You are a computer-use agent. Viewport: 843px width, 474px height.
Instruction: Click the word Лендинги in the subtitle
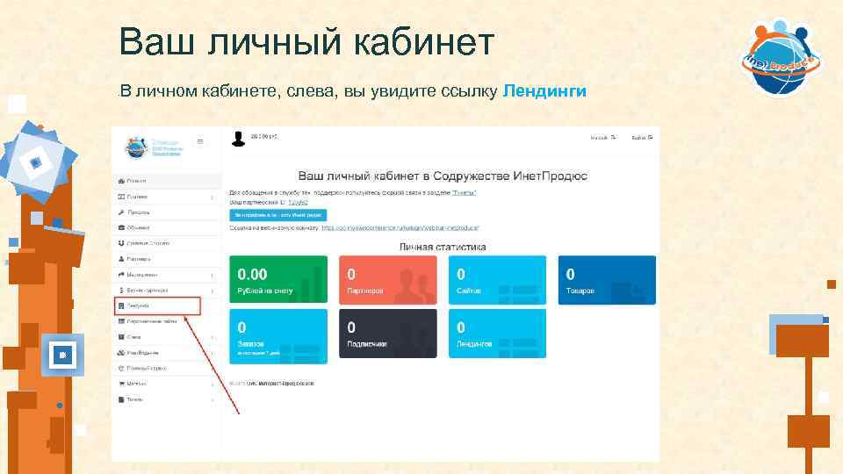[545, 91]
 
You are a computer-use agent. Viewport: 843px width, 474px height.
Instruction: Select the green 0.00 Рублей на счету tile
[277, 280]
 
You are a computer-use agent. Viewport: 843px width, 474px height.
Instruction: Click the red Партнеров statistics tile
[386, 280]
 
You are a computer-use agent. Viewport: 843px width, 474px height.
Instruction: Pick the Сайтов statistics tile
[496, 280]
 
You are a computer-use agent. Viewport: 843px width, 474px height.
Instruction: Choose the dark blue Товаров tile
[606, 280]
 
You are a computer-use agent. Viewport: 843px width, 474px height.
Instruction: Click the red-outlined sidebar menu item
[157, 306]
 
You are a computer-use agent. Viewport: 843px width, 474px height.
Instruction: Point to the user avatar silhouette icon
[238, 139]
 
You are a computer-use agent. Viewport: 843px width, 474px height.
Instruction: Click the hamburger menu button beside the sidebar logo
[200, 141]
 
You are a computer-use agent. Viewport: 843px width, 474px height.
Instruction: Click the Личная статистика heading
[443, 248]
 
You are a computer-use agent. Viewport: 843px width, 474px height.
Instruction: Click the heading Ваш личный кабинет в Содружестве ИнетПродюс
[443, 176]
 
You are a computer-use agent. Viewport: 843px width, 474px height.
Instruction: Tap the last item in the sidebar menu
[135, 399]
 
